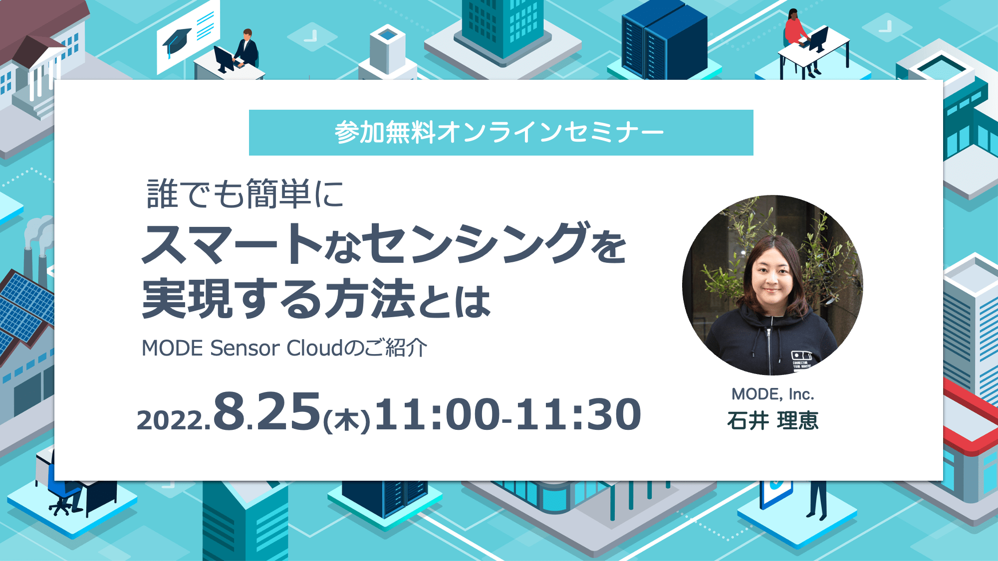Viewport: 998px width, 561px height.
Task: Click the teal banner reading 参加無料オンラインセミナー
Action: (x=501, y=133)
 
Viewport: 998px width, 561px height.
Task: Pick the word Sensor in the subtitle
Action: (x=245, y=348)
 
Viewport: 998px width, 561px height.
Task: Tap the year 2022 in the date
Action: (x=170, y=420)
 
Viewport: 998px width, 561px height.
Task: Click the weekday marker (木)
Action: (x=347, y=419)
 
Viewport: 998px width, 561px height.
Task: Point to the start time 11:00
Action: (x=438, y=414)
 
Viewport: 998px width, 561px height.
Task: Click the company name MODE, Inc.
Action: (x=772, y=394)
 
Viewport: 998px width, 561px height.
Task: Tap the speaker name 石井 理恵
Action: (x=773, y=421)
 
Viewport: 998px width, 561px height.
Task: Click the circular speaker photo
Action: (x=772, y=285)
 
